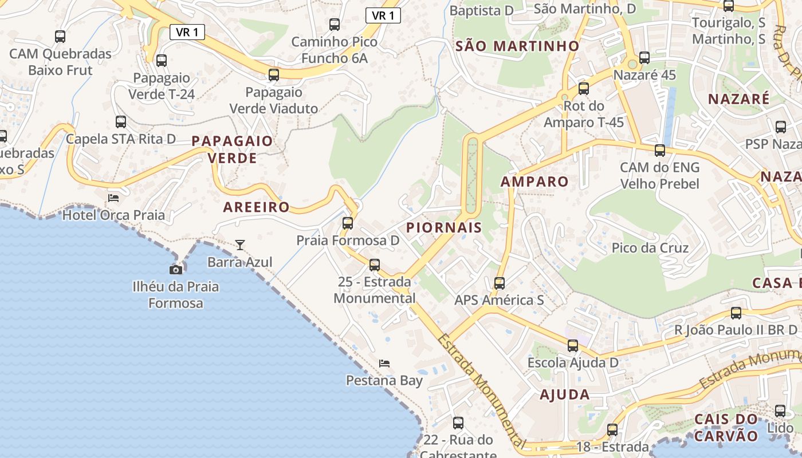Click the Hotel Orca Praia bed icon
tap(113, 198)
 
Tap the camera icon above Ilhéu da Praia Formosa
tap(176, 270)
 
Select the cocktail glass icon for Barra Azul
tap(240, 245)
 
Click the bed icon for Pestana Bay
tap(384, 364)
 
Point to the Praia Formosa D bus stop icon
tap(348, 223)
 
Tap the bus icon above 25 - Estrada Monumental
tap(375, 264)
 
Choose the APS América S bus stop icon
tap(500, 283)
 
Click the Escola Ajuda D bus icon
tap(573, 345)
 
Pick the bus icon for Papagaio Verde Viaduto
tap(274, 74)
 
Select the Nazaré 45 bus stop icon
tap(644, 58)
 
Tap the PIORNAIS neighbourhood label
tap(444, 228)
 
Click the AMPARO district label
tap(534, 182)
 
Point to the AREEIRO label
tap(256, 207)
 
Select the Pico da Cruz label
tap(650, 248)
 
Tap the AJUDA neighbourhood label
tap(565, 394)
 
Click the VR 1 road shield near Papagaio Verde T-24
tap(187, 32)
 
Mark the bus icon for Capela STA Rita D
tap(121, 121)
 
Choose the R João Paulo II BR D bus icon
tap(736, 313)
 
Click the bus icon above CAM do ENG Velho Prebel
tap(660, 151)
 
